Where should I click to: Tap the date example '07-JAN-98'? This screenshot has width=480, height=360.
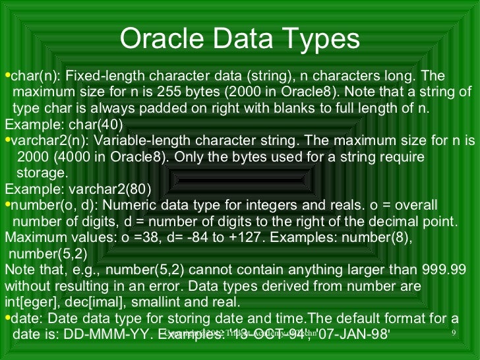(355, 334)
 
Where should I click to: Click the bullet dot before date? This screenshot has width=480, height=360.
(7, 318)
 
